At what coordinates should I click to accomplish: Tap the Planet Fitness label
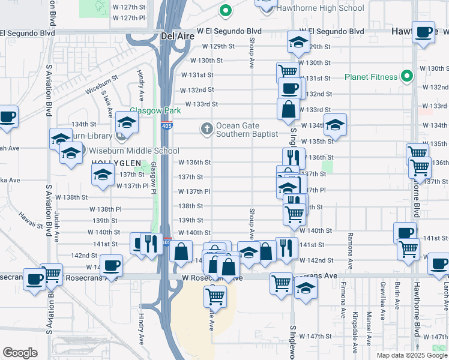pyautogui.click(x=371, y=77)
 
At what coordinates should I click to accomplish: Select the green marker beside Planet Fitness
pyautogui.click(x=407, y=77)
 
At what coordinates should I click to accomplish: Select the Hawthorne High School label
pyautogui.click(x=321, y=8)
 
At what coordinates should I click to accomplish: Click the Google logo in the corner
pyautogui.click(x=20, y=353)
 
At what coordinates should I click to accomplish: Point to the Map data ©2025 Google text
pyautogui.click(x=411, y=355)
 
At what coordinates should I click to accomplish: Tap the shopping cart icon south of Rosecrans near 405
pyautogui.click(x=215, y=296)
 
